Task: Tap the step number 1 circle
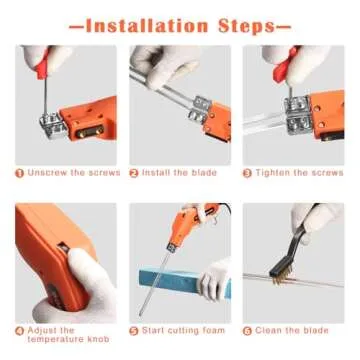point(19,172)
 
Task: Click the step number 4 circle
point(19,328)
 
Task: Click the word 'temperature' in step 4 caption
point(57,340)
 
